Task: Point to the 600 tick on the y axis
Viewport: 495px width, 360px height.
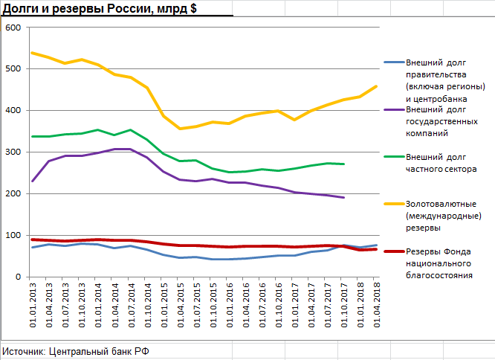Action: click(13, 28)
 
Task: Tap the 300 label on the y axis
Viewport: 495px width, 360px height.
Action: click(13, 152)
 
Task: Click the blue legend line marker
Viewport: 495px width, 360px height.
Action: click(393, 63)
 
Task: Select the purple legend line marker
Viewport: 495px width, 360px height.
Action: click(393, 109)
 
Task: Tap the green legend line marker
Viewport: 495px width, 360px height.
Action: click(393, 158)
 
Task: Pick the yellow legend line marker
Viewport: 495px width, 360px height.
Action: click(393, 204)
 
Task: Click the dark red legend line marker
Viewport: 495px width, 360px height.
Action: click(393, 251)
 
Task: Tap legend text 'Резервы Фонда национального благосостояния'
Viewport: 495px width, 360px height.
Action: click(444, 263)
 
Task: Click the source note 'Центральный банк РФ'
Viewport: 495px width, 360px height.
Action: click(100, 350)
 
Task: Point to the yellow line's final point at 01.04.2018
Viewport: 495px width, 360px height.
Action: click(376, 86)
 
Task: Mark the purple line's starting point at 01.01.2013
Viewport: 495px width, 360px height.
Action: click(33, 181)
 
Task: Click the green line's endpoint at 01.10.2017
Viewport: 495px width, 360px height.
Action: click(343, 164)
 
